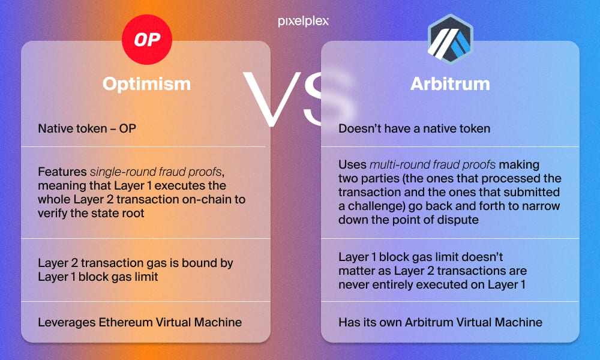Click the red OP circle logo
pos(147,40)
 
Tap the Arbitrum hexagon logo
pos(451,39)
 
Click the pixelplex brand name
pos(303,21)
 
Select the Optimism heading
pos(146,83)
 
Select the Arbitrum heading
pos(450,83)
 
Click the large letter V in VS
pos(272,99)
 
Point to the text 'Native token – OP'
pos(87,128)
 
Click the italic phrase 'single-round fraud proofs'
pos(156,172)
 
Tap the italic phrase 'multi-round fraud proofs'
pos(433,164)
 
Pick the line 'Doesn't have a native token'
pos(414,128)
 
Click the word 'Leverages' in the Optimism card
pos(67,323)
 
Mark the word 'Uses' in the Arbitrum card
pos(352,164)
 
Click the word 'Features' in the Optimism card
pos(62,172)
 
